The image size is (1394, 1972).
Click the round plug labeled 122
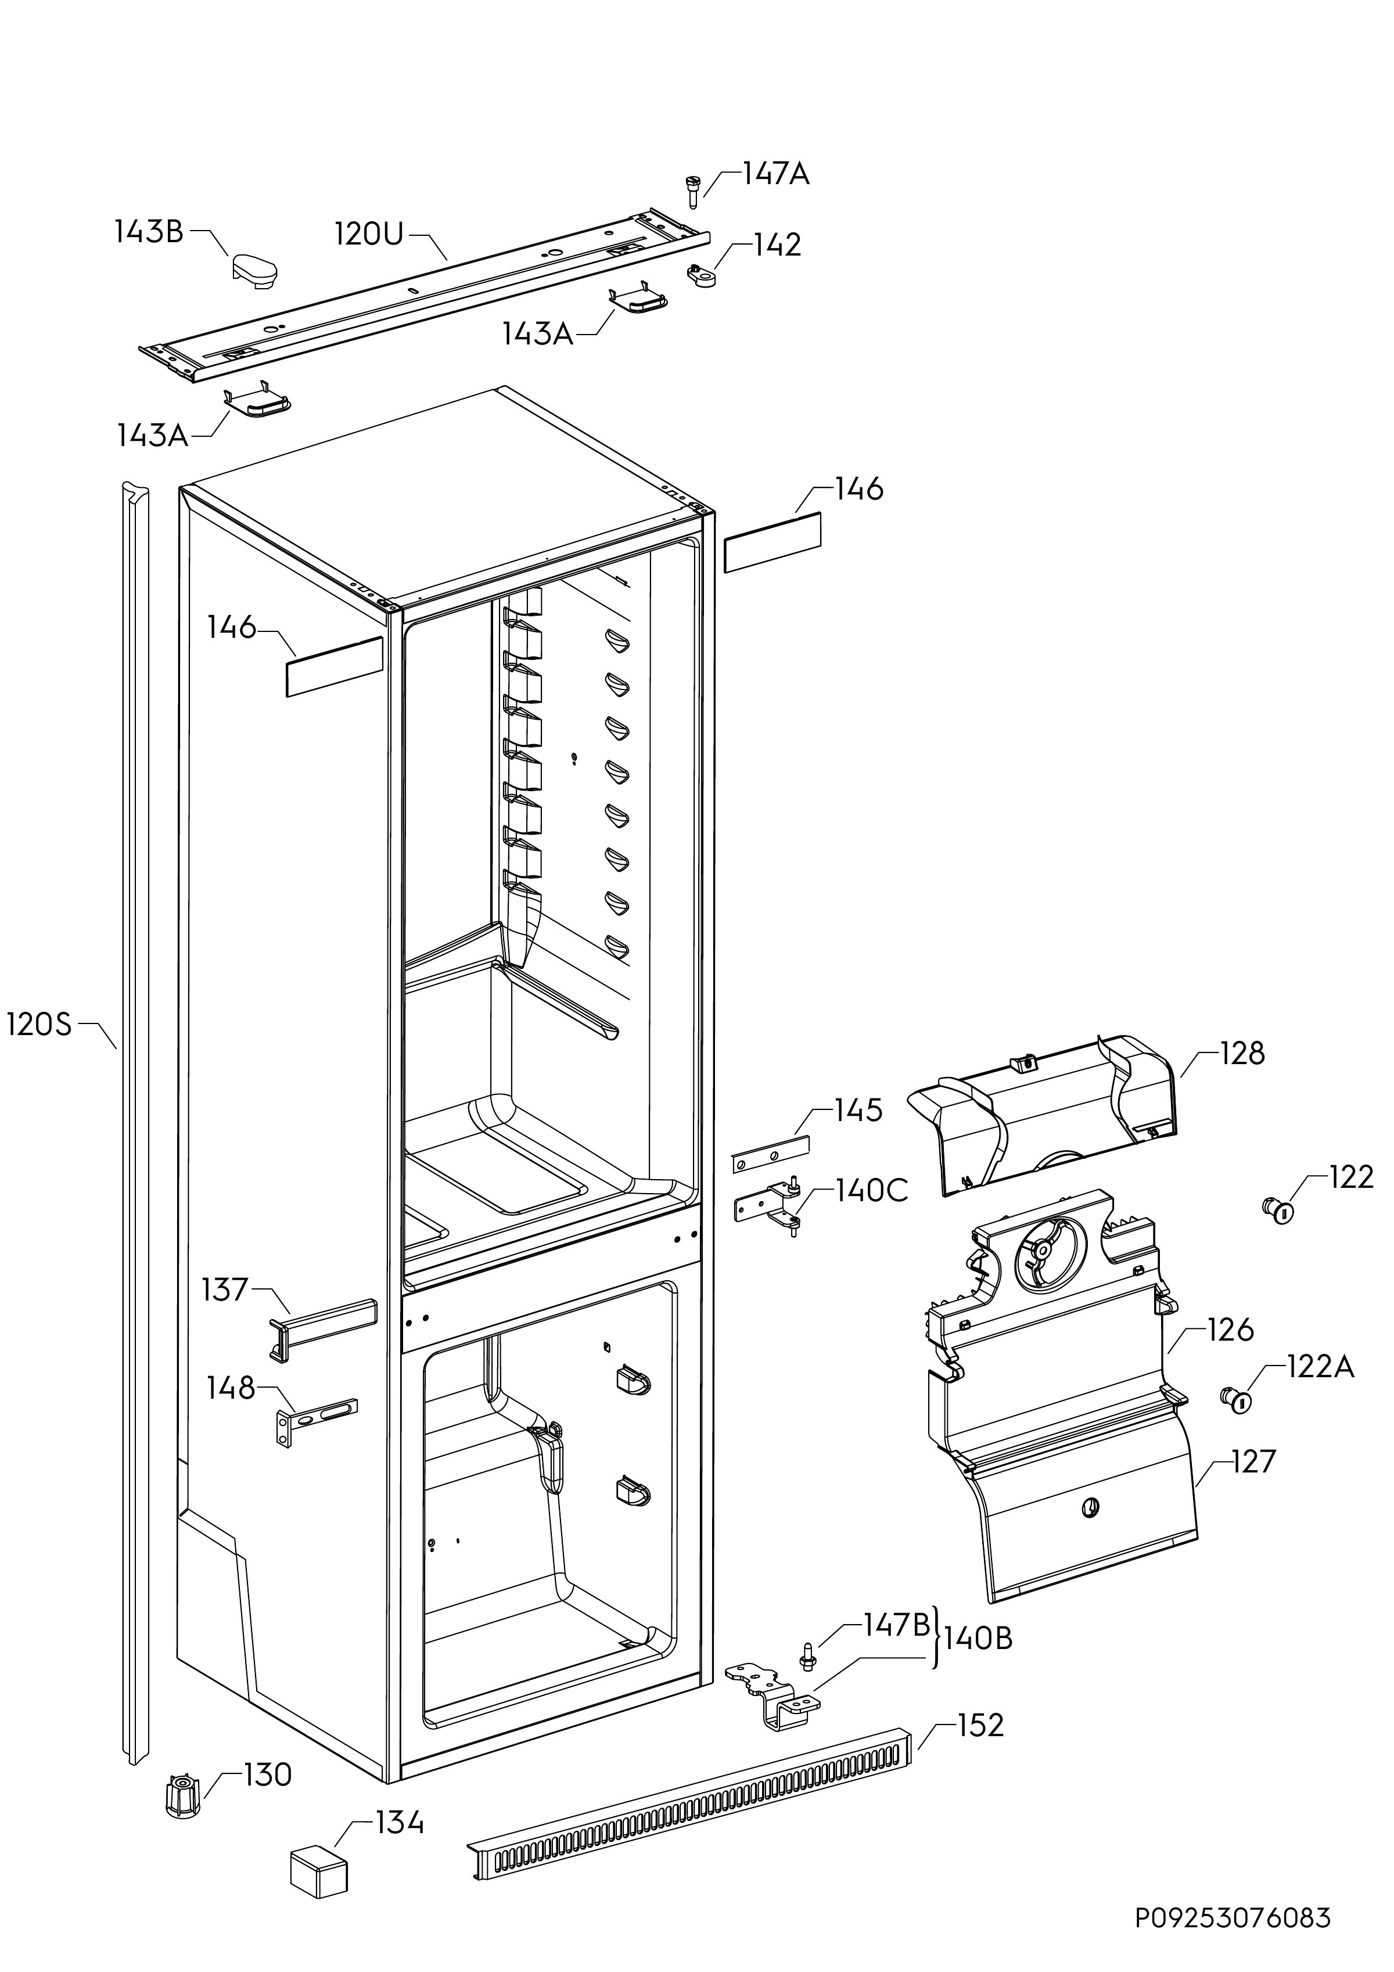(x=1278, y=1210)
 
